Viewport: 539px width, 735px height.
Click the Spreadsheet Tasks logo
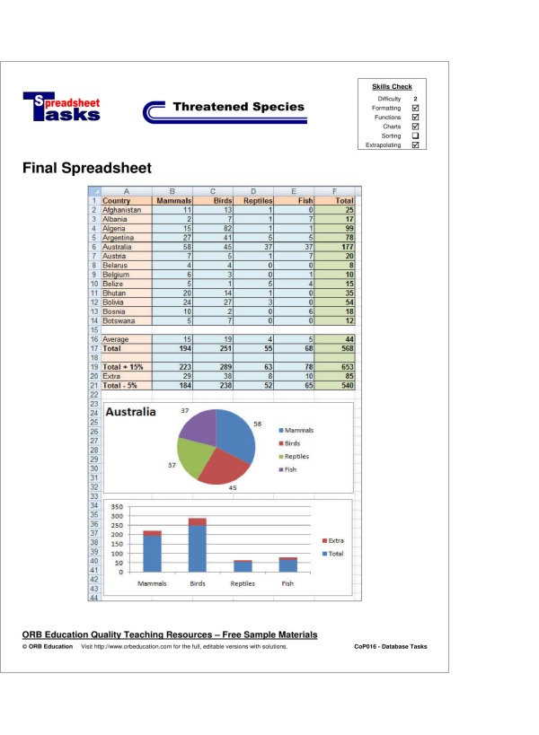tap(61, 108)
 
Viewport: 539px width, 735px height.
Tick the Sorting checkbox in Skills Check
tap(415, 136)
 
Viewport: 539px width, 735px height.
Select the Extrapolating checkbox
tap(415, 144)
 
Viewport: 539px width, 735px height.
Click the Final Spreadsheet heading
tap(87, 168)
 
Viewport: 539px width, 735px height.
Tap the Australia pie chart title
tap(131, 412)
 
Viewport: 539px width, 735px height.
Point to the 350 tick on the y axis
tap(117, 507)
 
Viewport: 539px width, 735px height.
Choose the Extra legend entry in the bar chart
tap(335, 541)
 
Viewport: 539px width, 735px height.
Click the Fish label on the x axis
tap(287, 583)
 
